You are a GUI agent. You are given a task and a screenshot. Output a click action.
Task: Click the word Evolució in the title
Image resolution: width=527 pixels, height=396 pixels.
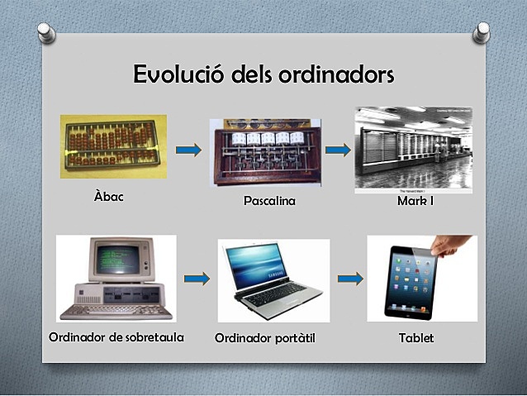(x=176, y=74)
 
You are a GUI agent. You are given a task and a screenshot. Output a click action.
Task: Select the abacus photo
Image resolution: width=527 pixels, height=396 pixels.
(x=113, y=146)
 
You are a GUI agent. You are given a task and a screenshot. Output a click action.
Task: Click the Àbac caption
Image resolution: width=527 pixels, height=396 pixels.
(x=109, y=197)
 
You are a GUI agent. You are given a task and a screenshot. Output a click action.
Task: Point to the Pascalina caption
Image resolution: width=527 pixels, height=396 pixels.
(x=269, y=201)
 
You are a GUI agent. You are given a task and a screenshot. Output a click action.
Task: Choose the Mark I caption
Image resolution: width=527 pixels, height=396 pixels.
(x=415, y=201)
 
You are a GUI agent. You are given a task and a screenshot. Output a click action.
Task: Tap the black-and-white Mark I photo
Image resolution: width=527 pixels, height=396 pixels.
(x=413, y=149)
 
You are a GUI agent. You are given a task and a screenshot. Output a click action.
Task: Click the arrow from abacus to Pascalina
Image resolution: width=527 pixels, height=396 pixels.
(x=189, y=150)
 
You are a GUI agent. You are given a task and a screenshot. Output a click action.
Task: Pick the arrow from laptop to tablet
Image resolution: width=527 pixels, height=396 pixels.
(x=350, y=279)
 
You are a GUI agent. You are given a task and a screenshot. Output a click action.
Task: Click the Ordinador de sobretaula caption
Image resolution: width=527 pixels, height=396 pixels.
(x=116, y=337)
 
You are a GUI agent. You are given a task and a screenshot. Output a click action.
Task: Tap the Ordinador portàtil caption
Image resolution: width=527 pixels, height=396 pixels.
(x=265, y=338)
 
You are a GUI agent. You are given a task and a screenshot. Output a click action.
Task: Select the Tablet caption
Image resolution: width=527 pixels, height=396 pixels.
(x=415, y=338)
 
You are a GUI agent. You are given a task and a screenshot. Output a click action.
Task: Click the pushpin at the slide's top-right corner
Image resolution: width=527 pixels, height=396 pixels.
(x=482, y=31)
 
